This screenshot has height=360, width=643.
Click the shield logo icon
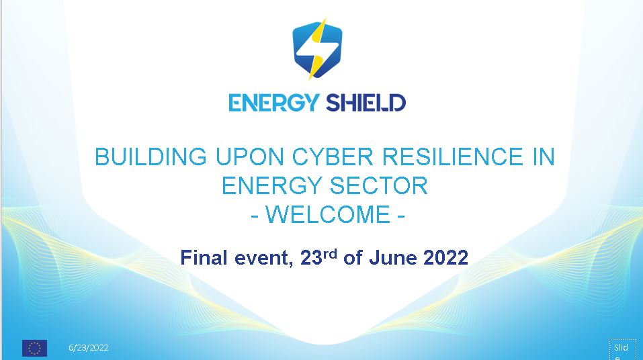click(318, 49)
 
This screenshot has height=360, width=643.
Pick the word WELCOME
click(327, 215)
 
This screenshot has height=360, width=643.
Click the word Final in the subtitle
click(204, 258)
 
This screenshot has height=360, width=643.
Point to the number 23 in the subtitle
click(310, 258)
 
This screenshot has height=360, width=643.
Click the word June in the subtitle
click(394, 258)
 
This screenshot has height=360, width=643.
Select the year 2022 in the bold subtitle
click(445, 258)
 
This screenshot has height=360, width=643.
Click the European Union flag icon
click(34, 348)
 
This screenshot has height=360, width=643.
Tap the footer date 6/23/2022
click(88, 348)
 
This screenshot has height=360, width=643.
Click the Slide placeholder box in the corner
click(621, 350)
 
